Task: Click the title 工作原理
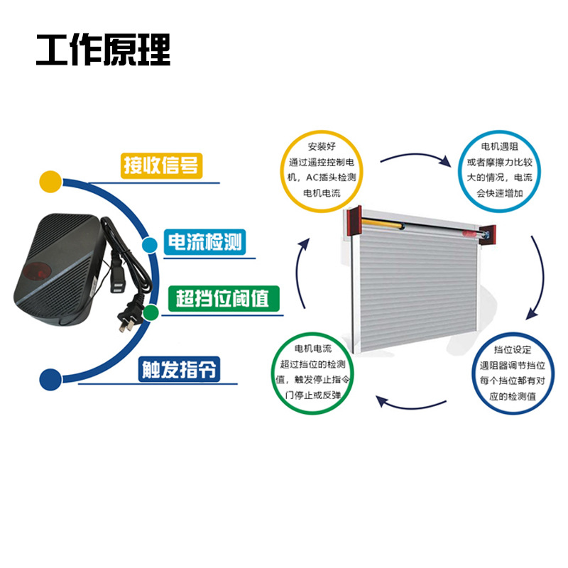tap(104, 49)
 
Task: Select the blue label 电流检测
tap(202, 243)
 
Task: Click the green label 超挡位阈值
tap(223, 298)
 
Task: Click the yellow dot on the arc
tap(49, 181)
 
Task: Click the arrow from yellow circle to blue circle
tap(415, 158)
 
